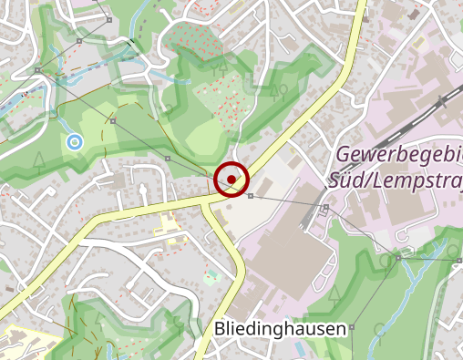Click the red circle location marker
[x=232, y=178]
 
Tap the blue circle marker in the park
[x=74, y=141]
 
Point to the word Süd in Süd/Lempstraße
[x=348, y=176]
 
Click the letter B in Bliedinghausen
[x=221, y=328]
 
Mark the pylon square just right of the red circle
[x=250, y=196]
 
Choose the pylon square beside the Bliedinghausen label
[x=352, y=326]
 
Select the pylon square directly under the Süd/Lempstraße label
[x=325, y=208]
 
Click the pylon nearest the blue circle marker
[x=114, y=119]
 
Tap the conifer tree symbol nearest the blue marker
[x=40, y=161]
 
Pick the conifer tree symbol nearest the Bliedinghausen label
[x=334, y=293]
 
